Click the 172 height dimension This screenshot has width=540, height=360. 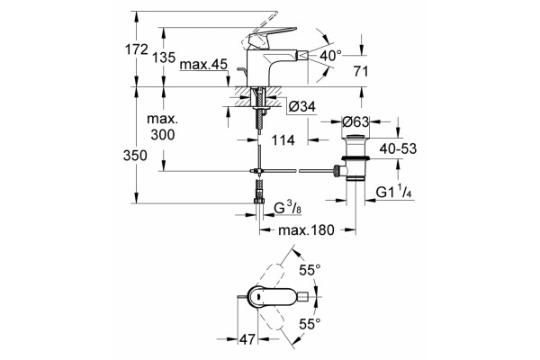[136, 50]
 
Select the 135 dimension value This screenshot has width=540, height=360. [164, 58]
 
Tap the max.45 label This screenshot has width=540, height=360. [203, 65]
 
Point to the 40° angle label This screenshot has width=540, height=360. [330, 55]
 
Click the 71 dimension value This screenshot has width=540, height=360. [361, 72]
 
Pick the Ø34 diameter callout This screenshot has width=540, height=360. [302, 107]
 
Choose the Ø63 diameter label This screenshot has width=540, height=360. [355, 121]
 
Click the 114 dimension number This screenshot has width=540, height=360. [283, 140]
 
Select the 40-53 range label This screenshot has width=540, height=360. [398, 148]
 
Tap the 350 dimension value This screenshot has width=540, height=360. [135, 156]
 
